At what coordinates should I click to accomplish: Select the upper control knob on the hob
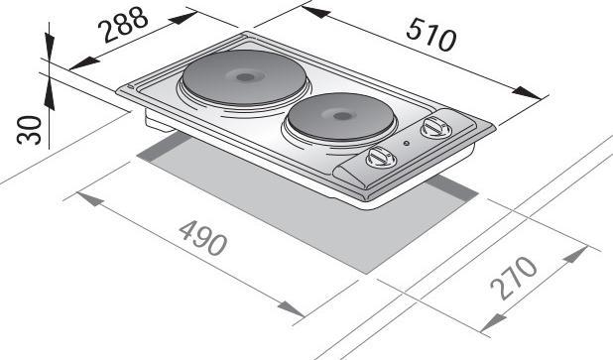432,128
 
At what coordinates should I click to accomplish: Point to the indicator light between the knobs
407,147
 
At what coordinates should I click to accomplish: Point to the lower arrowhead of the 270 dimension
488,325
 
